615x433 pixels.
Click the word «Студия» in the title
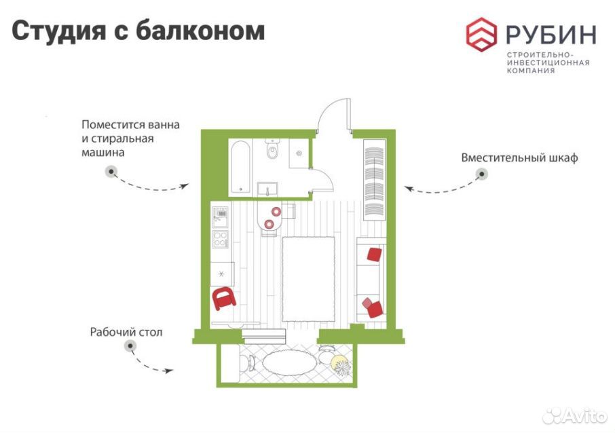point(59,31)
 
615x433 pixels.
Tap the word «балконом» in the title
point(200,30)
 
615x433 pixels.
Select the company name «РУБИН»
point(551,35)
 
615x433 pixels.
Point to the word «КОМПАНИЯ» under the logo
point(531,71)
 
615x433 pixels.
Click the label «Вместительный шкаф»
point(519,158)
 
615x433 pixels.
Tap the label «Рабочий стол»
point(126,332)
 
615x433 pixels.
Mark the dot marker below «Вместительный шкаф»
point(482,174)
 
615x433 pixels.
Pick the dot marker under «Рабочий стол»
point(130,346)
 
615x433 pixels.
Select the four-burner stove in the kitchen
point(221,240)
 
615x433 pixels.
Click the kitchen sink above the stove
point(220,217)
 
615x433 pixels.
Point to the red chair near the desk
point(223,298)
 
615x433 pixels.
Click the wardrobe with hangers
point(375,178)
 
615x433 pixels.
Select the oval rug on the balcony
point(288,363)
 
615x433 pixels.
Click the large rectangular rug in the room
point(309,278)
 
